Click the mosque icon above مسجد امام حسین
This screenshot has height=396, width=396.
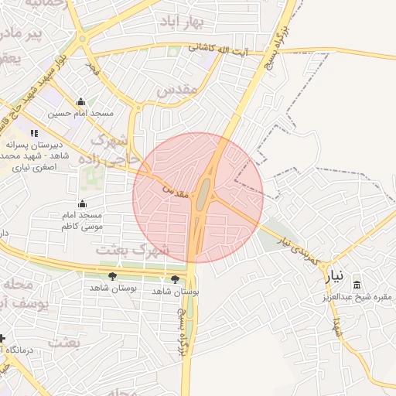81,101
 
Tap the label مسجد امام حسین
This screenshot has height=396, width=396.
80,113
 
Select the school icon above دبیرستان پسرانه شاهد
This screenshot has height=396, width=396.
33,133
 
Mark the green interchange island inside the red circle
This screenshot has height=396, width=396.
201,193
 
